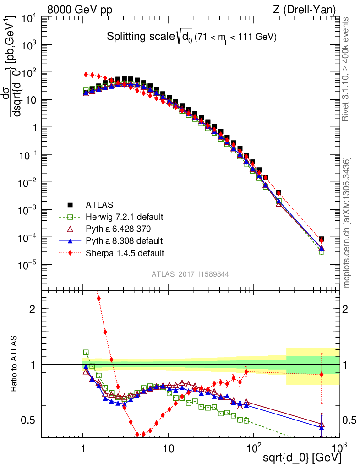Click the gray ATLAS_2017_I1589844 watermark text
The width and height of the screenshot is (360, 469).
point(191,274)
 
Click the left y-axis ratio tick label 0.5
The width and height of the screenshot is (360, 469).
point(29,420)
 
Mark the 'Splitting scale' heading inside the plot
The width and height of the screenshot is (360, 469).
point(191,37)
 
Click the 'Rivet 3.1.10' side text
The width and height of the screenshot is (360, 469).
point(346,69)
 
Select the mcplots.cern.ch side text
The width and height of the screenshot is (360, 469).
point(346,220)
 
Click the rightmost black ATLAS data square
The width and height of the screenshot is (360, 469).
point(322,240)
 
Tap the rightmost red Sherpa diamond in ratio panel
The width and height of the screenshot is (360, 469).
point(322,375)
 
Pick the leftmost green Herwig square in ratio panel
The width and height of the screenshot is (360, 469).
point(86,353)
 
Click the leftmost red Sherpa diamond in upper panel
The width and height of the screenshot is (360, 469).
point(86,74)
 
